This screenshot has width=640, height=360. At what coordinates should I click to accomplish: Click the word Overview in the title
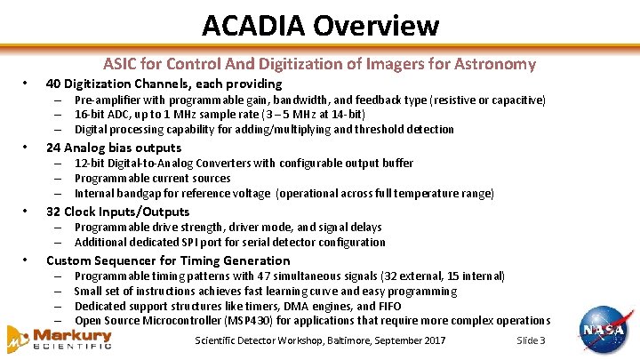coord(379,25)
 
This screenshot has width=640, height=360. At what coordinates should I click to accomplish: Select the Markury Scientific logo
coord(60,339)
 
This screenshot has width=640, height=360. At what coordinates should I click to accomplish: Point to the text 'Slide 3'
coord(531,341)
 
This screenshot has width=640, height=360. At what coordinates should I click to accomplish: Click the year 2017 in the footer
coord(434,341)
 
